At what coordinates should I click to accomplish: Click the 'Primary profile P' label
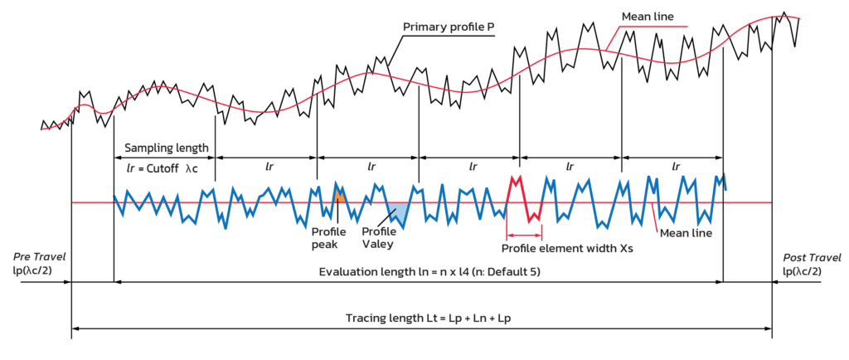pos(447,27)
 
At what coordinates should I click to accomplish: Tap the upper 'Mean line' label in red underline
pos(648,17)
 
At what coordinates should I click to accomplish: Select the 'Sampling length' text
pos(165,148)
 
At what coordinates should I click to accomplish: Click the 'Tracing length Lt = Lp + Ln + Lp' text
pos(422,319)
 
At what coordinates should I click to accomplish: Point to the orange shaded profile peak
pos(339,197)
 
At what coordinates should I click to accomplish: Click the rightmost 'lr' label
pos(677,166)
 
